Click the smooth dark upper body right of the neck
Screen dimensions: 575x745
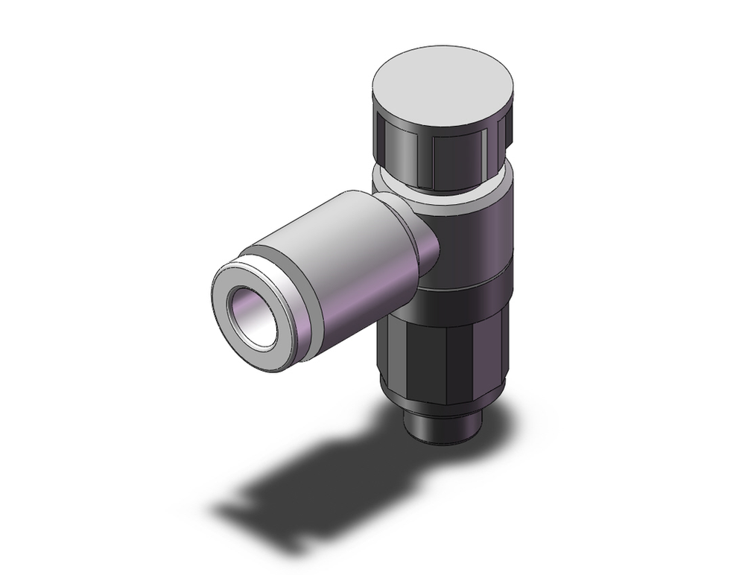pos(477,238)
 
